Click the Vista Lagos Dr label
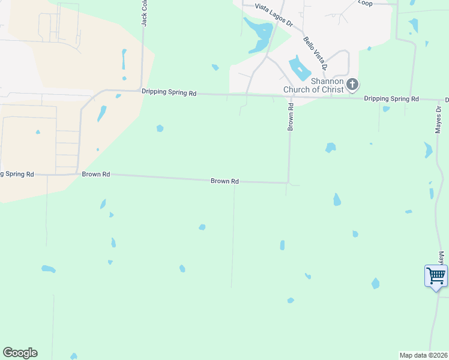pos(273,7)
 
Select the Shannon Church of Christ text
pos(313,85)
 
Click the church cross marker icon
pos(352,85)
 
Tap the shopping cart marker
pos(436,277)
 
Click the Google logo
pos(20,353)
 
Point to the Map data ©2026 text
pos(424,355)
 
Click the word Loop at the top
pos(365,3)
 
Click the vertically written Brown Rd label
pos(291,117)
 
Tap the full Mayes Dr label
pos(439,119)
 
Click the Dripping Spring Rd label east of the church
pos(391,98)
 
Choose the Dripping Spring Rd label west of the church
pos(169,93)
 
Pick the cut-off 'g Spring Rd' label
pos(17,174)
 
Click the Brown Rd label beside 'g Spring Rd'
pos(96,174)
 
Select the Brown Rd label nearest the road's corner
pos(225,181)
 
